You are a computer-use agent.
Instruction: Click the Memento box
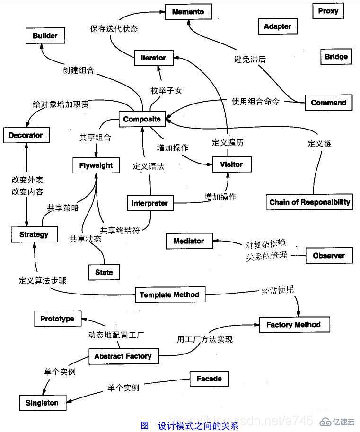[x=188, y=12]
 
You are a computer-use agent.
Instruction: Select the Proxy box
[x=328, y=11]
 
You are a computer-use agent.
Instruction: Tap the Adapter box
[x=277, y=26]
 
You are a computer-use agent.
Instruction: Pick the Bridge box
[x=336, y=57]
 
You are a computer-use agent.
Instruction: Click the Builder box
[x=45, y=36]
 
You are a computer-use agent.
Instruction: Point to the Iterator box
[x=153, y=58]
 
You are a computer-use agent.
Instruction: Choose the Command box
[x=328, y=103]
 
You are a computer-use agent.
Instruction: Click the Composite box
[x=141, y=119]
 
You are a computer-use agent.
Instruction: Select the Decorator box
[x=26, y=135]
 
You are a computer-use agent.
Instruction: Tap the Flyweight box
[x=96, y=165]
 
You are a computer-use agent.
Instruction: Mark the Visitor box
[x=231, y=164]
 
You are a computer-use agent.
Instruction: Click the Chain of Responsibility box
[x=310, y=202]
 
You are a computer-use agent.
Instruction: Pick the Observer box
[x=329, y=256]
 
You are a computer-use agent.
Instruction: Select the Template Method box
[x=169, y=295]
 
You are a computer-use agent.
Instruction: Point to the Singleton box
[x=42, y=403]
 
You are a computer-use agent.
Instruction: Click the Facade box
[x=209, y=379]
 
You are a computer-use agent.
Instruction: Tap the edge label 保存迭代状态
[x=114, y=28]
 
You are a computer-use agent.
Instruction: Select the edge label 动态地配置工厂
[x=116, y=335]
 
